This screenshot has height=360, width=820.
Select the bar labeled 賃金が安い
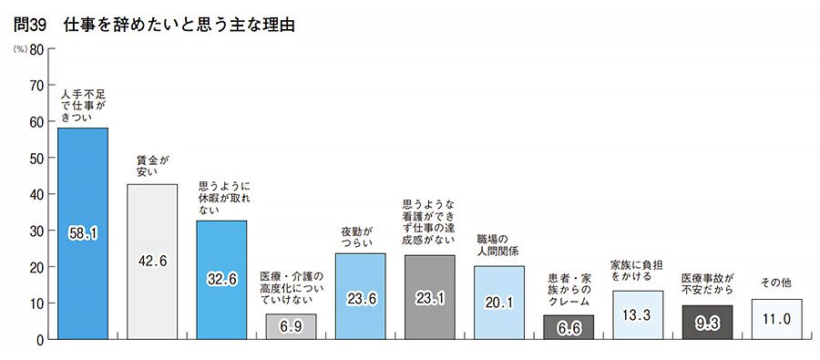click(152, 262)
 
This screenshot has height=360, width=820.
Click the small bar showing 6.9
click(291, 326)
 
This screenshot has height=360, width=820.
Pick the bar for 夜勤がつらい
click(360, 296)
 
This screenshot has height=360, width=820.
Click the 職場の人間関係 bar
click(499, 303)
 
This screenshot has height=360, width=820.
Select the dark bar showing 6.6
click(569, 327)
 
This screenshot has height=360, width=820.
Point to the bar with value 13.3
click(638, 315)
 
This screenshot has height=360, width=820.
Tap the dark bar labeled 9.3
click(707, 323)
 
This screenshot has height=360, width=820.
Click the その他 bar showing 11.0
click(776, 319)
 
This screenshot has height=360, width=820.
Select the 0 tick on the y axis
click(40, 340)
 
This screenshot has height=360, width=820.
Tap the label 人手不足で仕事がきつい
click(83, 106)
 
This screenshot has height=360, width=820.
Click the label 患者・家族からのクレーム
click(569, 287)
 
